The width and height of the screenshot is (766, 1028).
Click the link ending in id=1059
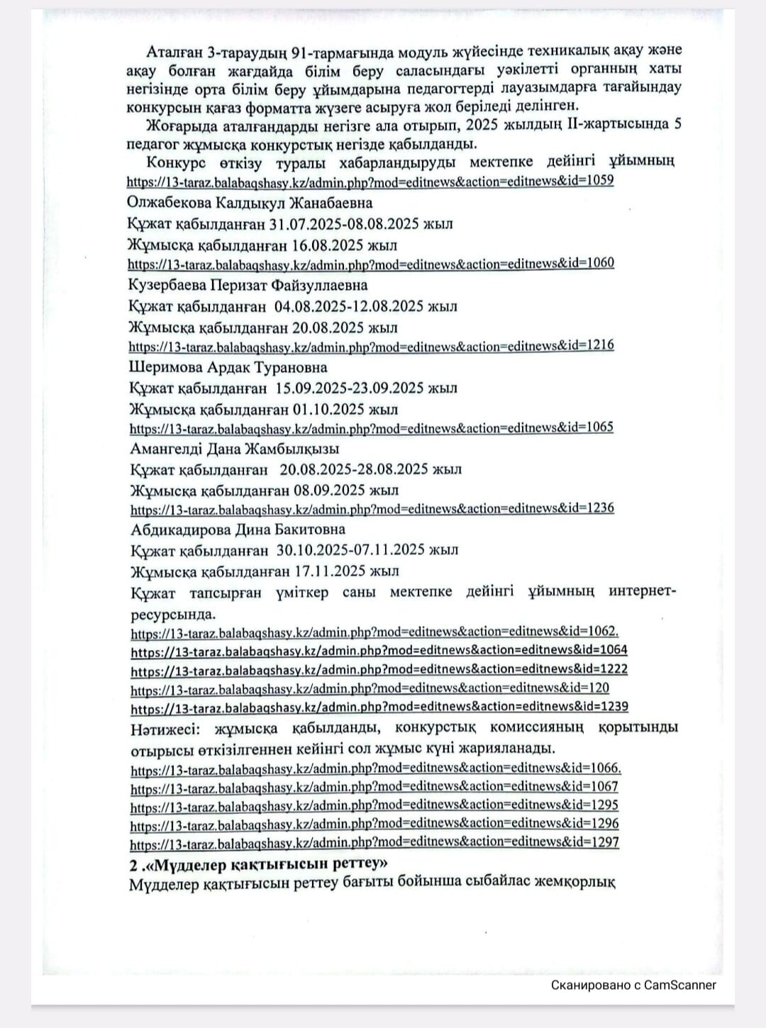point(370,181)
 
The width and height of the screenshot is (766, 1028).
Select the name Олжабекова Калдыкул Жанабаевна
point(250,203)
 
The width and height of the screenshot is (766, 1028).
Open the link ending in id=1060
point(371,264)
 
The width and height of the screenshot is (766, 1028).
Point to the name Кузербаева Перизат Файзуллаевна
point(248,285)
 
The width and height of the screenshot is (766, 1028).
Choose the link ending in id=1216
point(371,346)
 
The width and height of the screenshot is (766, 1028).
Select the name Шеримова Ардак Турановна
point(228,367)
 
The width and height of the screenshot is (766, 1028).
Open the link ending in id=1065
point(371,428)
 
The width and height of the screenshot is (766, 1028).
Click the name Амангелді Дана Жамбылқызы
point(235,449)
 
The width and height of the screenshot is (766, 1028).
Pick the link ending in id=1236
point(372,508)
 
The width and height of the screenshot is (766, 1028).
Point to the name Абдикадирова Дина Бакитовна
point(238,530)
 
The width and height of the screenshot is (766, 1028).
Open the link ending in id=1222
point(379,669)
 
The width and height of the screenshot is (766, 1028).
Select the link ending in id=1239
point(379,707)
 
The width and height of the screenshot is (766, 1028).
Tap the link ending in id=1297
point(374,843)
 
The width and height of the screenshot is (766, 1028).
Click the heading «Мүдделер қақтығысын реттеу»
point(259,864)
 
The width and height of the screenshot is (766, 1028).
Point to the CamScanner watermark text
point(633,985)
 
